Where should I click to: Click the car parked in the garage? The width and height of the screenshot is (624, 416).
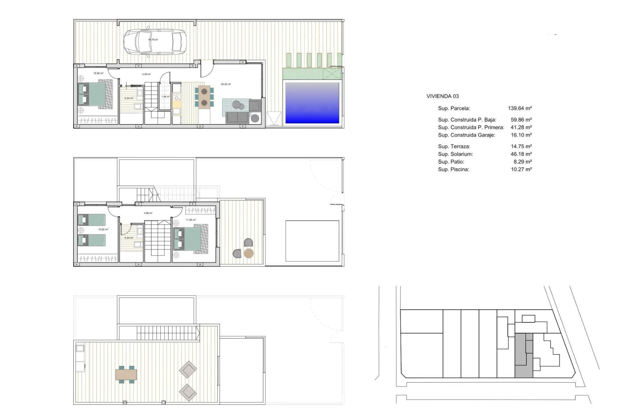154,42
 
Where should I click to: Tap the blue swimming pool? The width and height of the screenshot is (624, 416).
312,103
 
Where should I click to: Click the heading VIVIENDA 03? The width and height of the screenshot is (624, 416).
442,96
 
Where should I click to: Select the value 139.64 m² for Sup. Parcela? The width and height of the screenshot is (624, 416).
520,108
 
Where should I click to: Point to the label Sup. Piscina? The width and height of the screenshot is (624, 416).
453,169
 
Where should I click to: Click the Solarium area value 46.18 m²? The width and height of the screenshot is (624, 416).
521,154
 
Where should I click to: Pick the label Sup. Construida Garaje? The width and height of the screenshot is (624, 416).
466,135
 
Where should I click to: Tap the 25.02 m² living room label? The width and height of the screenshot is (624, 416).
226,84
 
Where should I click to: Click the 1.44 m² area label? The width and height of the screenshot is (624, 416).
166,97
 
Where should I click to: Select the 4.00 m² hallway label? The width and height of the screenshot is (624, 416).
146,74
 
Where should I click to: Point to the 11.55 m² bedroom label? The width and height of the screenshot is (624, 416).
191,220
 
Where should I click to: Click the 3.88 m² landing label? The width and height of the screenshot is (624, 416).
148,213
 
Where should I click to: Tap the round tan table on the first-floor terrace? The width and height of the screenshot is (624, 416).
249,253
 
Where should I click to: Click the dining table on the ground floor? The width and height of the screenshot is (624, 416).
204,97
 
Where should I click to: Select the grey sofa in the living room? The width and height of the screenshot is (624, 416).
238,118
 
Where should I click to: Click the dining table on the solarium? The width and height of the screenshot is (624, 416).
126,374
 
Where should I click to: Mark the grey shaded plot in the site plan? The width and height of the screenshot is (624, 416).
523,356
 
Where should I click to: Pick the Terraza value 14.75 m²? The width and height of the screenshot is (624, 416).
521,147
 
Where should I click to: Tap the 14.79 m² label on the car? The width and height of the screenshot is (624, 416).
153,40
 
